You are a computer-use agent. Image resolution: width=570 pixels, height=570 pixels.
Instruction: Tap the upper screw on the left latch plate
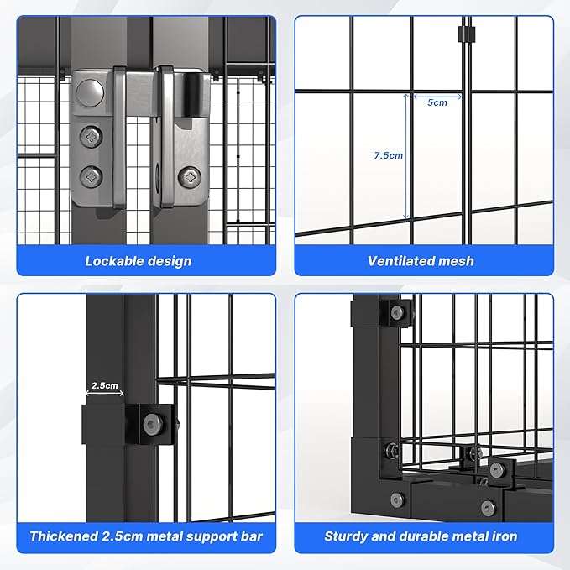coord(91,136)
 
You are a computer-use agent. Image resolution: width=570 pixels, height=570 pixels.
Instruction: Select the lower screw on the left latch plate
coord(91,175)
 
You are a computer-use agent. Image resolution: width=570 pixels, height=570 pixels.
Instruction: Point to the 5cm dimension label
coord(437,102)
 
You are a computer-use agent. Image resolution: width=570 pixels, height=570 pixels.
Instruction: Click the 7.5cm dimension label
coord(388,155)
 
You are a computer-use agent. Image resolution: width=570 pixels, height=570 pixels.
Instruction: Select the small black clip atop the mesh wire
coord(460,34)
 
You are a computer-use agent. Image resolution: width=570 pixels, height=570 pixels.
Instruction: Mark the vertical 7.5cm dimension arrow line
coord(409,155)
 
